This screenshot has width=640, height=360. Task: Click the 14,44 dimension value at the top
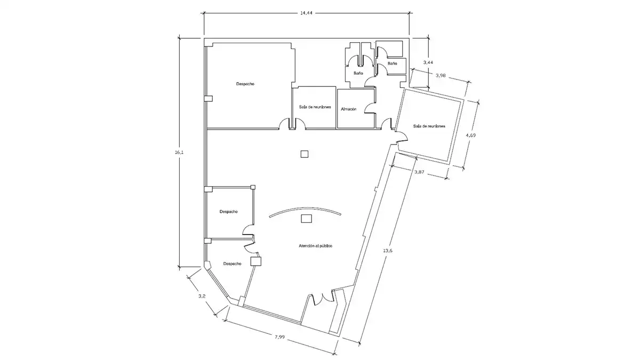point(306,13)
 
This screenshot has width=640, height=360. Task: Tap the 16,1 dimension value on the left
point(179,153)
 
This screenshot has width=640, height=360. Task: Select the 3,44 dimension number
point(428,62)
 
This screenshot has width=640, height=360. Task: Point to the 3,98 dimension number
point(441,75)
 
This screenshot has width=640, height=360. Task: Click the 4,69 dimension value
point(470,135)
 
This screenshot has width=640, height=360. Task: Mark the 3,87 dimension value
point(419,172)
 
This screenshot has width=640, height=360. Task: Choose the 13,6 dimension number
point(387,251)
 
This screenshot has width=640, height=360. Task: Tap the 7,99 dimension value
point(279,337)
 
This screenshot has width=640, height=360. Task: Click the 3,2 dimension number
point(202,297)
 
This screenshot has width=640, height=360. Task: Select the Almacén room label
point(349,109)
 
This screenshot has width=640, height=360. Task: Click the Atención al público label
point(315,246)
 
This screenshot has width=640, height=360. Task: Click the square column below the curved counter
point(306,219)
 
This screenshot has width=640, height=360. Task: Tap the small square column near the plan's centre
point(305,154)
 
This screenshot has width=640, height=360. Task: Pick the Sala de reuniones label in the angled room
point(429,126)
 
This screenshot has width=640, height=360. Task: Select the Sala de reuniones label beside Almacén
point(315,107)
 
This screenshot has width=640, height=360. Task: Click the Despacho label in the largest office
point(245,84)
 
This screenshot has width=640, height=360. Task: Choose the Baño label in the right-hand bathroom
point(393,63)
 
